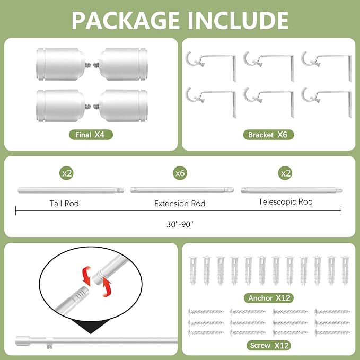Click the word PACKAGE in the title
pos(126,20)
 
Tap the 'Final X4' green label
pos(91,135)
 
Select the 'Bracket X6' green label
pos(268,135)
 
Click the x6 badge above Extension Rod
pos(180,173)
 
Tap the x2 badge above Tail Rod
pos(67,173)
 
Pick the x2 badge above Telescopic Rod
pos(285,173)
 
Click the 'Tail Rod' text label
pos(64,204)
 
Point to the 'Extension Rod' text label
pos(180,204)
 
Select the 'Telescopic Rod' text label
pos(286,202)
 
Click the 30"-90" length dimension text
pos(180,224)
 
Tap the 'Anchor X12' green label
pos(269,298)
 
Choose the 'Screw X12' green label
pos(269,345)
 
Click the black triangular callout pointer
pos(91,326)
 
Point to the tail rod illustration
pos(71,190)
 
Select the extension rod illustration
pos(182,190)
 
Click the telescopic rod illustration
pos(292,190)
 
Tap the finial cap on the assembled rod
pos(22,341)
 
